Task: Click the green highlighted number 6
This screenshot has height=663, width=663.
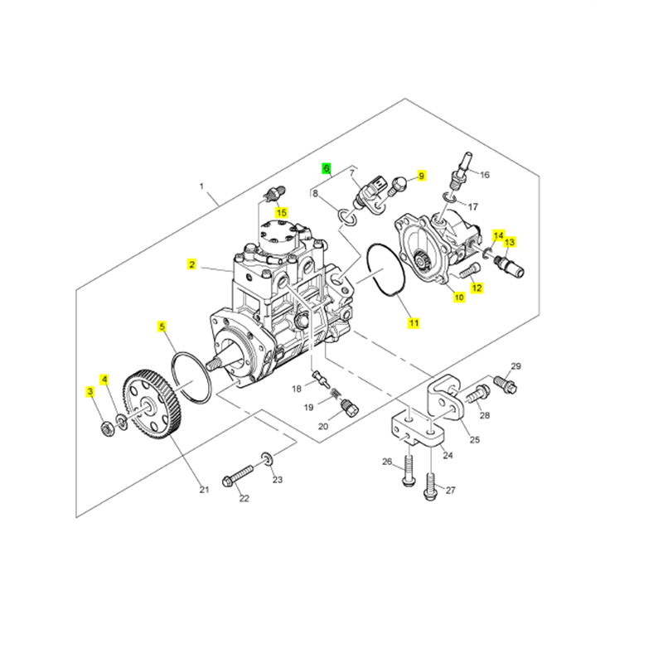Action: pos(327,168)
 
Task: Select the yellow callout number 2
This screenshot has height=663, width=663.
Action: pos(191,265)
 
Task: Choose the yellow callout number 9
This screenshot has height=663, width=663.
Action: pos(421,176)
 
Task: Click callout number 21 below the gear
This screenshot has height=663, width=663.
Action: pos(204,490)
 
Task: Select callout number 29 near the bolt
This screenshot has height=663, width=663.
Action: pos(515,366)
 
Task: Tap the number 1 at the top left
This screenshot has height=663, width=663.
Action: pos(201,187)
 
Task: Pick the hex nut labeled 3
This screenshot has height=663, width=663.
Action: pos(106,428)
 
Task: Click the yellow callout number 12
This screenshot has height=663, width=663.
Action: pos(477,288)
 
